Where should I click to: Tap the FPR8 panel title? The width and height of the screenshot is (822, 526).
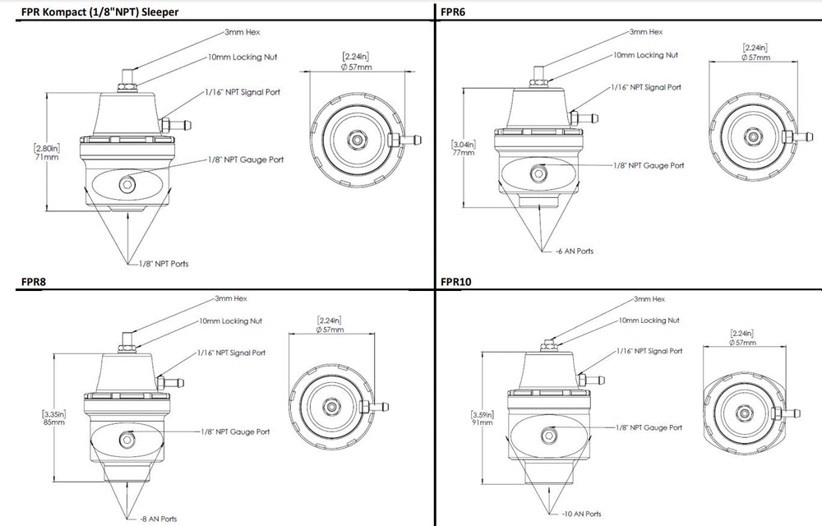pos(34,282)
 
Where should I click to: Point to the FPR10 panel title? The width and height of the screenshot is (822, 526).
pos(457,282)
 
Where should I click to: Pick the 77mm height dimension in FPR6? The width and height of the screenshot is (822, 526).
pos(463,152)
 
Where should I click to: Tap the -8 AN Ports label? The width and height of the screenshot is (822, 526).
pos(157,519)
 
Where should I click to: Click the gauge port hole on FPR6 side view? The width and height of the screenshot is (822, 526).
pos(540,173)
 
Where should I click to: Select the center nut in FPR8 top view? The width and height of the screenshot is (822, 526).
pos(330,406)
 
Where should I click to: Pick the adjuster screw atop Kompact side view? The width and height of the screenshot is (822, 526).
pos(129,76)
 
